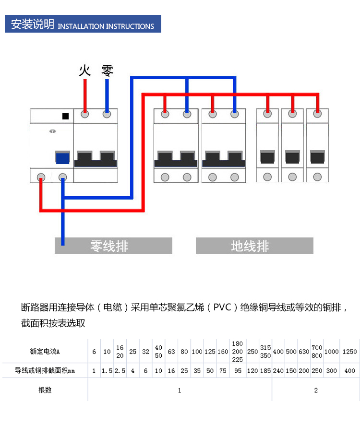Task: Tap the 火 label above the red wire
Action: tap(84, 71)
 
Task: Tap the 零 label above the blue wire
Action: tap(107, 71)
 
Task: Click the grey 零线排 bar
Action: tap(113, 246)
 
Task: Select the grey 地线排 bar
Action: tap(254, 246)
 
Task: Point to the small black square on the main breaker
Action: tap(66, 116)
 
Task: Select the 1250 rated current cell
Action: tap(349, 352)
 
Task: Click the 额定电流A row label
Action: tap(45, 352)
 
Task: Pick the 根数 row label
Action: tap(45, 390)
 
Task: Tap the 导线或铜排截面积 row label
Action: tap(45, 371)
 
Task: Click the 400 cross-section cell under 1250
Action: tap(349, 371)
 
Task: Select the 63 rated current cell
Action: tap(171, 352)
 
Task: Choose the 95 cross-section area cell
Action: tap(237, 371)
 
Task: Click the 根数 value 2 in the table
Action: tap(315, 390)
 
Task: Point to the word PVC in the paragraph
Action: tap(223, 307)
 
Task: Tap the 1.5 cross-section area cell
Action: tap(107, 371)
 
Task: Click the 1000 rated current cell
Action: tap(331, 352)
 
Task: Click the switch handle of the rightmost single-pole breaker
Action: tap(317, 157)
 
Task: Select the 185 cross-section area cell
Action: tap(265, 371)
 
